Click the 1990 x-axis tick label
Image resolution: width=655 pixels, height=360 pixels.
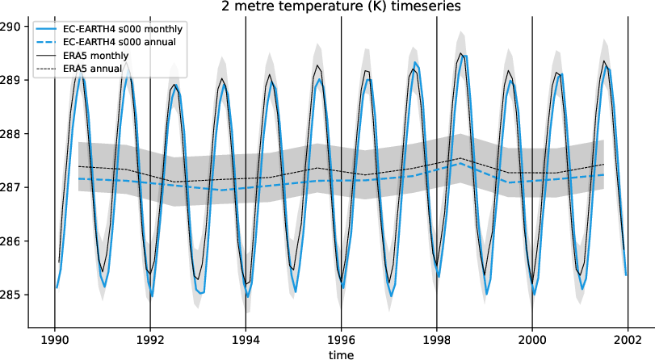[x=54, y=339]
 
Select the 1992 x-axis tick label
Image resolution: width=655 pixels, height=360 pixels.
[x=150, y=339]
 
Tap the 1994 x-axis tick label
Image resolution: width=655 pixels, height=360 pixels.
[x=246, y=339]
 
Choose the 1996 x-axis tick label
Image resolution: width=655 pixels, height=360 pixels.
[x=341, y=339]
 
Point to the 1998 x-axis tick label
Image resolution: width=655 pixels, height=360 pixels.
[x=437, y=339]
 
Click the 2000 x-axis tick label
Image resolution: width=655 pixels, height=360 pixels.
[x=532, y=339]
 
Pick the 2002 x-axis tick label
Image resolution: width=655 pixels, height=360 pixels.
[x=628, y=339]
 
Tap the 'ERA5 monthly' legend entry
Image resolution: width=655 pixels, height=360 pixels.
[x=96, y=55]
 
